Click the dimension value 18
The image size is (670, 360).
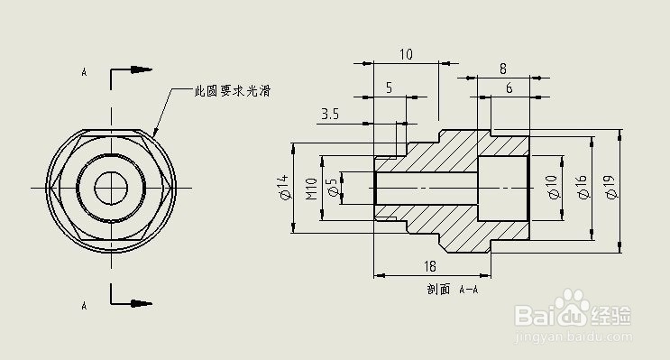point(430,266)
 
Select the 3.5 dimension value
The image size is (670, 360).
point(330,115)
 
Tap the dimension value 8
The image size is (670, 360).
point(502,69)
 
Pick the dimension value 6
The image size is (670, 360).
point(509,88)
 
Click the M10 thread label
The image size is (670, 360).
point(311,189)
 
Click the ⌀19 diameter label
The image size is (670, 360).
point(610,188)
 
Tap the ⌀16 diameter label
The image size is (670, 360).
point(582,188)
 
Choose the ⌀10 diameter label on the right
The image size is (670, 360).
point(552,188)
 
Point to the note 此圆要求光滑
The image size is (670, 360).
point(233,91)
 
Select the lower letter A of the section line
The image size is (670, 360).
point(84,306)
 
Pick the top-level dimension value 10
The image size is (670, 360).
point(406,54)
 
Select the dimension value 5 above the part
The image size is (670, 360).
point(389,88)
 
